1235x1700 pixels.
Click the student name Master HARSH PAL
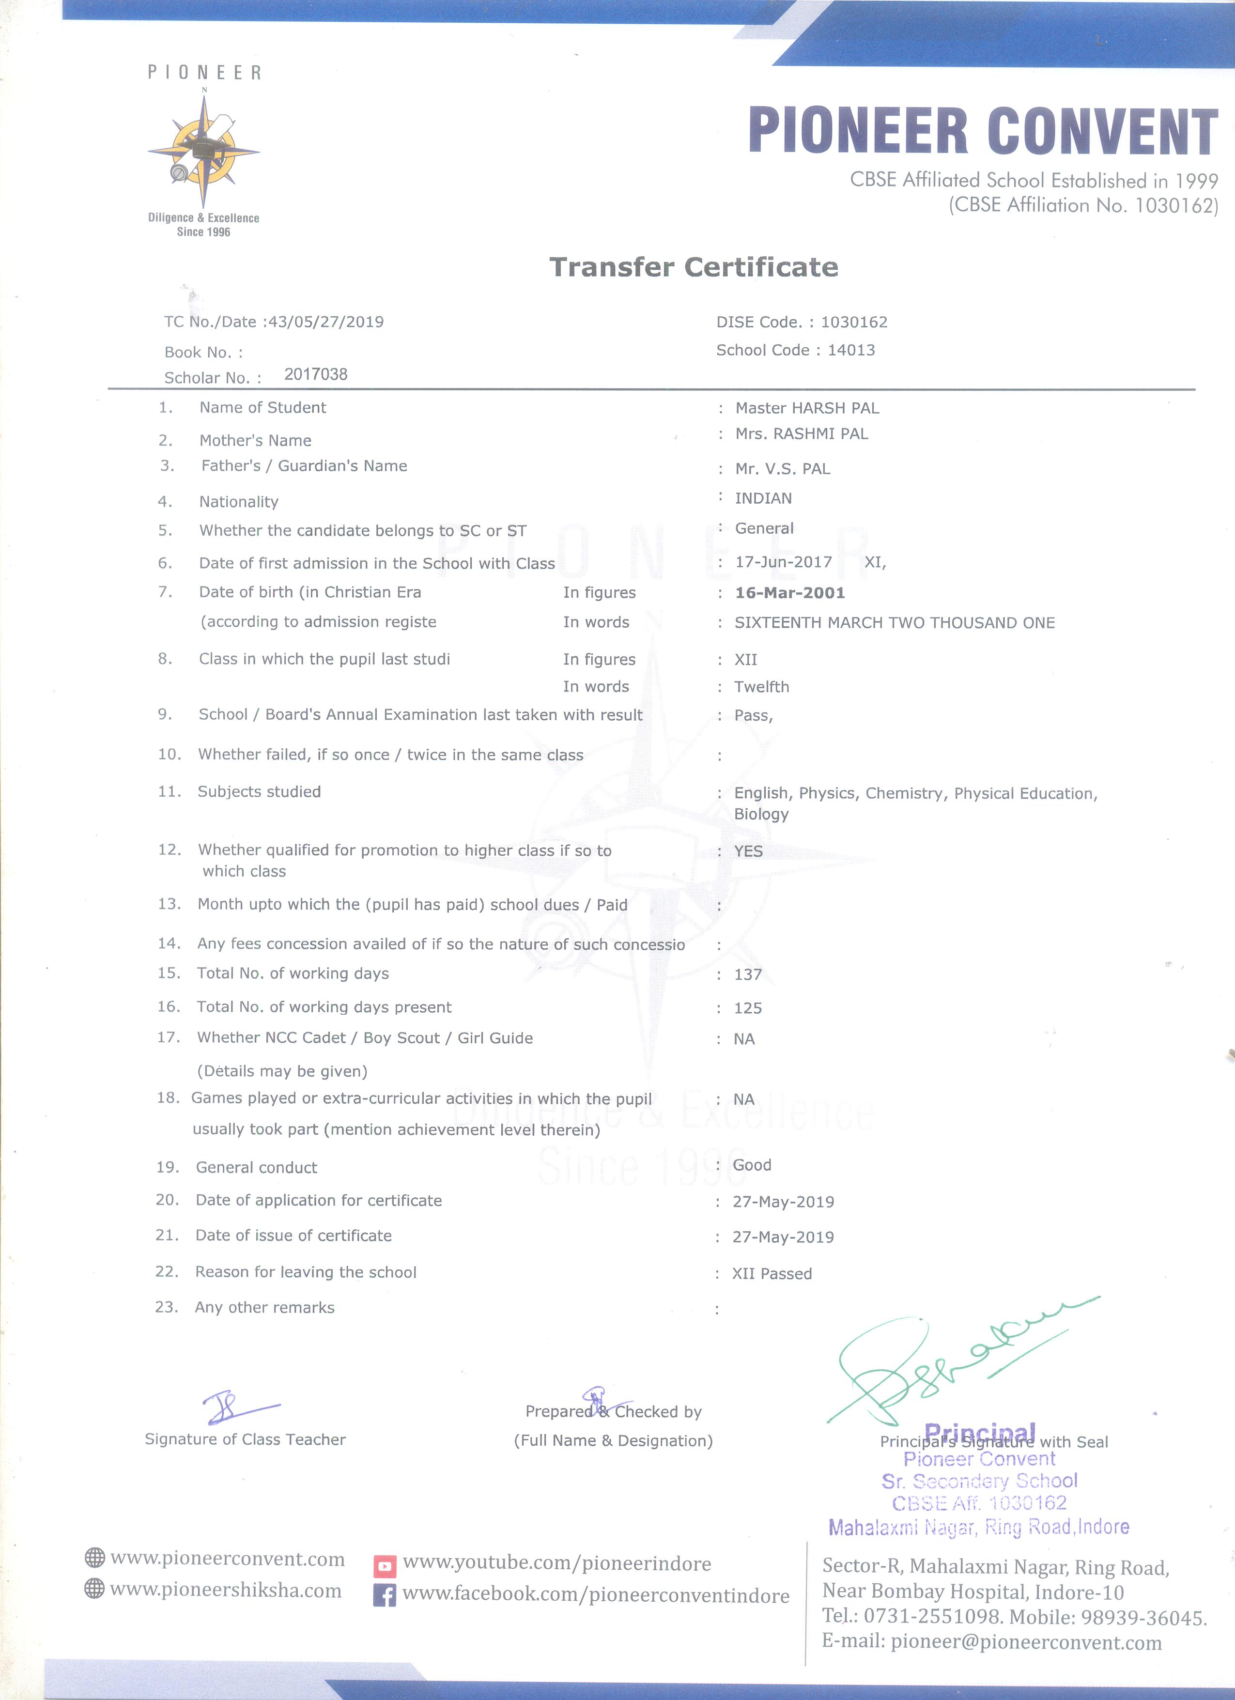807,408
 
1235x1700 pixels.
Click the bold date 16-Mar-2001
790,593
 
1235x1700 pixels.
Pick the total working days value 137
748,974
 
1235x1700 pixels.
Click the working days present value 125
748,1008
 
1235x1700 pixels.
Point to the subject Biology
761,814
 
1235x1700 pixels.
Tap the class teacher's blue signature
232,1407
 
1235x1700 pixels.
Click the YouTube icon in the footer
385,1565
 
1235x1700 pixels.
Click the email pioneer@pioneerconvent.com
1025,1643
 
